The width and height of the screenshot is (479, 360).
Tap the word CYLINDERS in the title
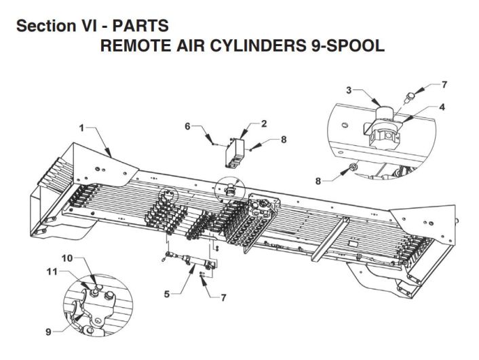point(263,46)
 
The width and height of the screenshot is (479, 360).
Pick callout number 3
point(349,89)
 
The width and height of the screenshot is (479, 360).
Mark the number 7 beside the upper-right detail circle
point(444,85)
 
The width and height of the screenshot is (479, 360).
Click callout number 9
point(47,332)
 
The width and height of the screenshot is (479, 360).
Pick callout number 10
point(68,258)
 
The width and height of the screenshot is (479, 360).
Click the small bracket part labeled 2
point(235,153)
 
